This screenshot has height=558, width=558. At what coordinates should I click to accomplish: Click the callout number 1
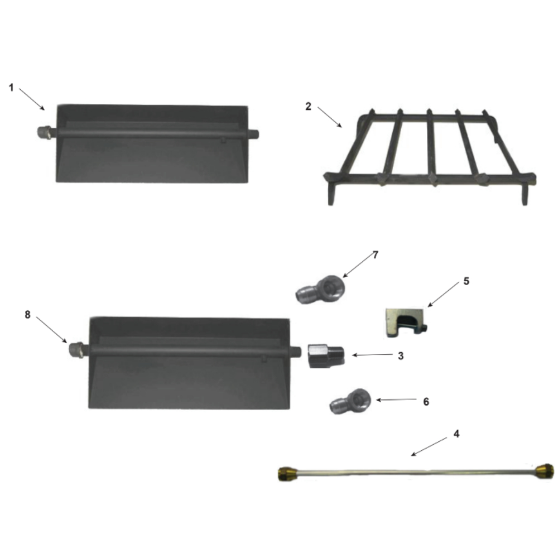pos(11,88)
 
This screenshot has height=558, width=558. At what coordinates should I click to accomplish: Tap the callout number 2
pos(308,107)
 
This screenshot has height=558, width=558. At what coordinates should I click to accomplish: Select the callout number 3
pos(401,356)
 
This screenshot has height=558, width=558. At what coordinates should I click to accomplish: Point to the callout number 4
pos(456,434)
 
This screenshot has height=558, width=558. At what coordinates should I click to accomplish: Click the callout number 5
pos(466,281)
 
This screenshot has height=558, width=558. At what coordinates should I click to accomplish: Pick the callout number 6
pos(426,402)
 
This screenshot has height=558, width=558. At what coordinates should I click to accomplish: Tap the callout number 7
pos(376,255)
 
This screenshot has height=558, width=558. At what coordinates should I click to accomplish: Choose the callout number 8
pos(27,315)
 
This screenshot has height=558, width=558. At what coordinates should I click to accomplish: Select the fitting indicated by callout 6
pos(350,401)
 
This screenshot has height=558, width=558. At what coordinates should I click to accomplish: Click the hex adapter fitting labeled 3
pos(326,356)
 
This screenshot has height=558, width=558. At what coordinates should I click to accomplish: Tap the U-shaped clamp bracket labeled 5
pos(406,323)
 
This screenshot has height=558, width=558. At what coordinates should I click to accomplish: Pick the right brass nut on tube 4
pos(545,471)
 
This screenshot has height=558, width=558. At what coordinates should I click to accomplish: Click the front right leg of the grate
pos(525,194)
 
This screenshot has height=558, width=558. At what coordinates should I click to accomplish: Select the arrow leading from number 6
pos(396,400)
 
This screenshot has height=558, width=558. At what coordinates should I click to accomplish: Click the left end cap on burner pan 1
pos(44,133)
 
